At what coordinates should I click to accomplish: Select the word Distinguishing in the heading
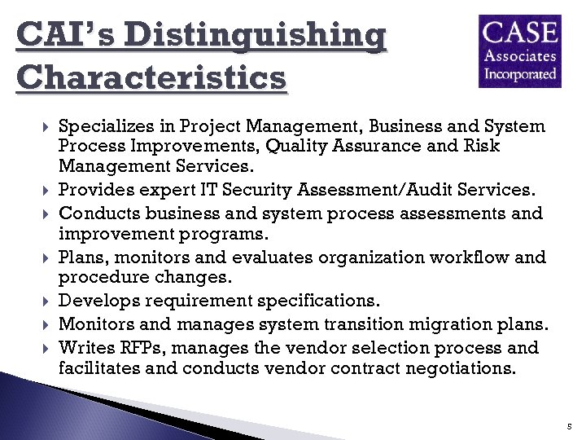[256, 37]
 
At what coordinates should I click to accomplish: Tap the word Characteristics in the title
[151, 79]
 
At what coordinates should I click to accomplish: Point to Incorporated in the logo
[521, 73]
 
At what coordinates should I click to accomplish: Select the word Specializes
[107, 126]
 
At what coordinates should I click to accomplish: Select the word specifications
[308, 301]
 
